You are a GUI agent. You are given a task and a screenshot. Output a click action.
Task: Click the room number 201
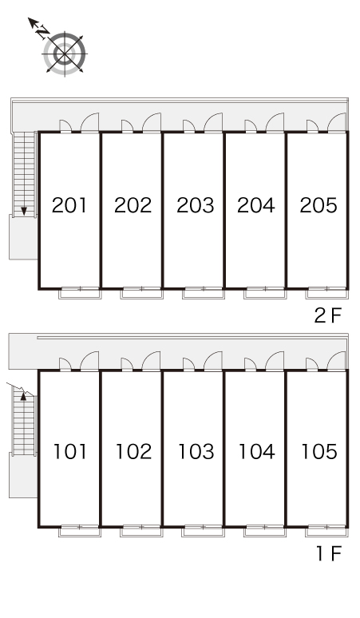pyautogui.click(x=69, y=205)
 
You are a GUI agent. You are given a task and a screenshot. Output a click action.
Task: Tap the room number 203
pyautogui.click(x=196, y=205)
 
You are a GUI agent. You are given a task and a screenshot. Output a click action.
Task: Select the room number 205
pyautogui.click(x=318, y=205)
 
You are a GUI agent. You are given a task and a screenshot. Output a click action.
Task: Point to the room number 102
pyautogui.click(x=133, y=452)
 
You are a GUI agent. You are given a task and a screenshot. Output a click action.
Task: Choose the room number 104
pyautogui.click(x=257, y=452)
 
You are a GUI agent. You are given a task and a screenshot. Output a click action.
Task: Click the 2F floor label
pyautogui.click(x=327, y=315)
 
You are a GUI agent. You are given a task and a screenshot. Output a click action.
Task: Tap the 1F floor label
pyautogui.click(x=329, y=554)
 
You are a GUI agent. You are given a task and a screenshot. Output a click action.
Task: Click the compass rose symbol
pyautogui.click(x=65, y=53)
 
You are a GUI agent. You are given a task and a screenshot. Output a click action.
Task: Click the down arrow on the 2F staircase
pyautogui.click(x=24, y=211)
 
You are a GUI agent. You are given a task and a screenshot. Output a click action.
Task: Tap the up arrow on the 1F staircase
pyautogui.click(x=23, y=396)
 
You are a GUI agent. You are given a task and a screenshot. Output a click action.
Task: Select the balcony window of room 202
pyautogui.click(x=142, y=293)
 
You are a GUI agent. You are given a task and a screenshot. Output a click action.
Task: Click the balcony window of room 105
pyautogui.click(x=327, y=531)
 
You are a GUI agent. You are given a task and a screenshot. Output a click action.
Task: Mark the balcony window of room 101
pyautogui.click(x=80, y=531)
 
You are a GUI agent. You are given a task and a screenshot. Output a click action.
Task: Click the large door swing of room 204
pyautogui.click(x=275, y=123)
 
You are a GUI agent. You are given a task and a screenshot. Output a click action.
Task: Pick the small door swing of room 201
pyautogui.click(x=65, y=125)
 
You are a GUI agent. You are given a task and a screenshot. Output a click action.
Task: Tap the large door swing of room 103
pyautogui.click(x=213, y=361)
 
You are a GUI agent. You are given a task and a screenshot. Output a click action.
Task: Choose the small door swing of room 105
pyautogui.click(x=312, y=364)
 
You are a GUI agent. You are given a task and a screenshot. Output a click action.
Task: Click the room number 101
pyautogui.click(x=70, y=452)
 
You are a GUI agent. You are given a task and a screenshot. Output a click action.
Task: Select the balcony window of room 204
pyautogui.click(x=266, y=293)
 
